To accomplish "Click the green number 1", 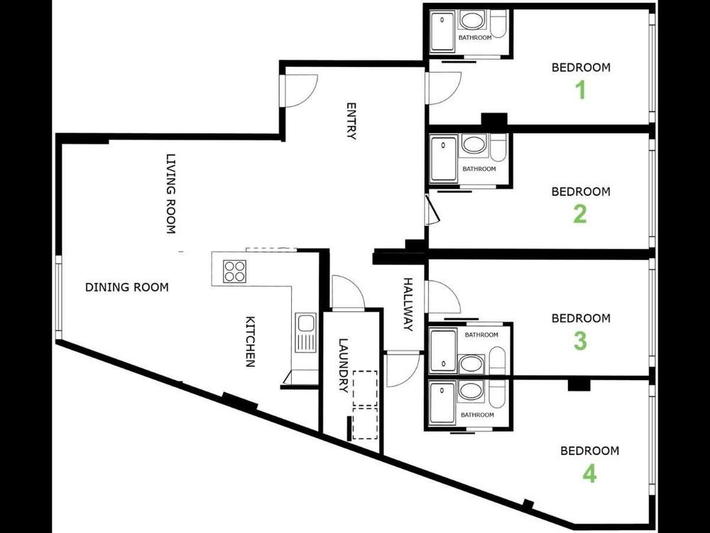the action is click(581, 90).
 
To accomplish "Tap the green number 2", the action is click(580, 214).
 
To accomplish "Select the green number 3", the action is click(581, 341).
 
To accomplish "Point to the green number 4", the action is click(589, 474).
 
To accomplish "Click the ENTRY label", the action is click(351, 121).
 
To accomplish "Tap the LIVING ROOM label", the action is click(170, 193).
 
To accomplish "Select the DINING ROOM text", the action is click(127, 287).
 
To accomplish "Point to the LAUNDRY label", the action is click(344, 366).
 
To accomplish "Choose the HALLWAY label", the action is click(408, 305).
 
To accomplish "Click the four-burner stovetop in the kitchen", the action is click(234, 271).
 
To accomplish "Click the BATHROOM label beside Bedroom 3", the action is click(481, 335).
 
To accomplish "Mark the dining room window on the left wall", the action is click(58, 297).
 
